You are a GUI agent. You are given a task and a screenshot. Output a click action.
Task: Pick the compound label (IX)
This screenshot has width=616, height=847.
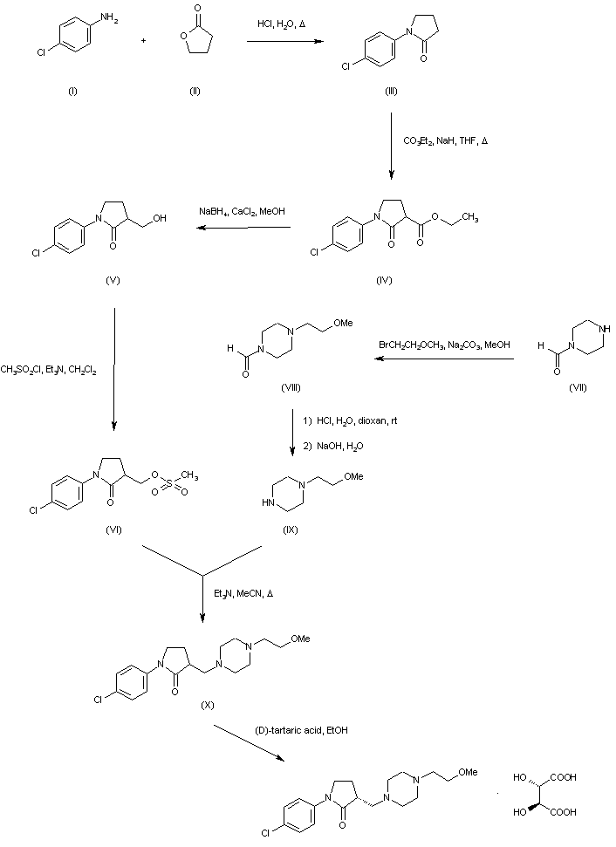pos(291,529)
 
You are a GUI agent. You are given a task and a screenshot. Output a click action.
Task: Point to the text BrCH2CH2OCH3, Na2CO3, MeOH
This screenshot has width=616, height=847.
pos(437,345)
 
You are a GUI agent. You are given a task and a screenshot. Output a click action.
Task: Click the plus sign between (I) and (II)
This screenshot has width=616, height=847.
pos(145,41)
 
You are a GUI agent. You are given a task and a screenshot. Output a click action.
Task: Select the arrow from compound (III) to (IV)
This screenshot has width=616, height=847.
pos(391,149)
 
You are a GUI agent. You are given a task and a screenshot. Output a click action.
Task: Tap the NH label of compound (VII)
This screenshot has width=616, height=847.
pos(595,329)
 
